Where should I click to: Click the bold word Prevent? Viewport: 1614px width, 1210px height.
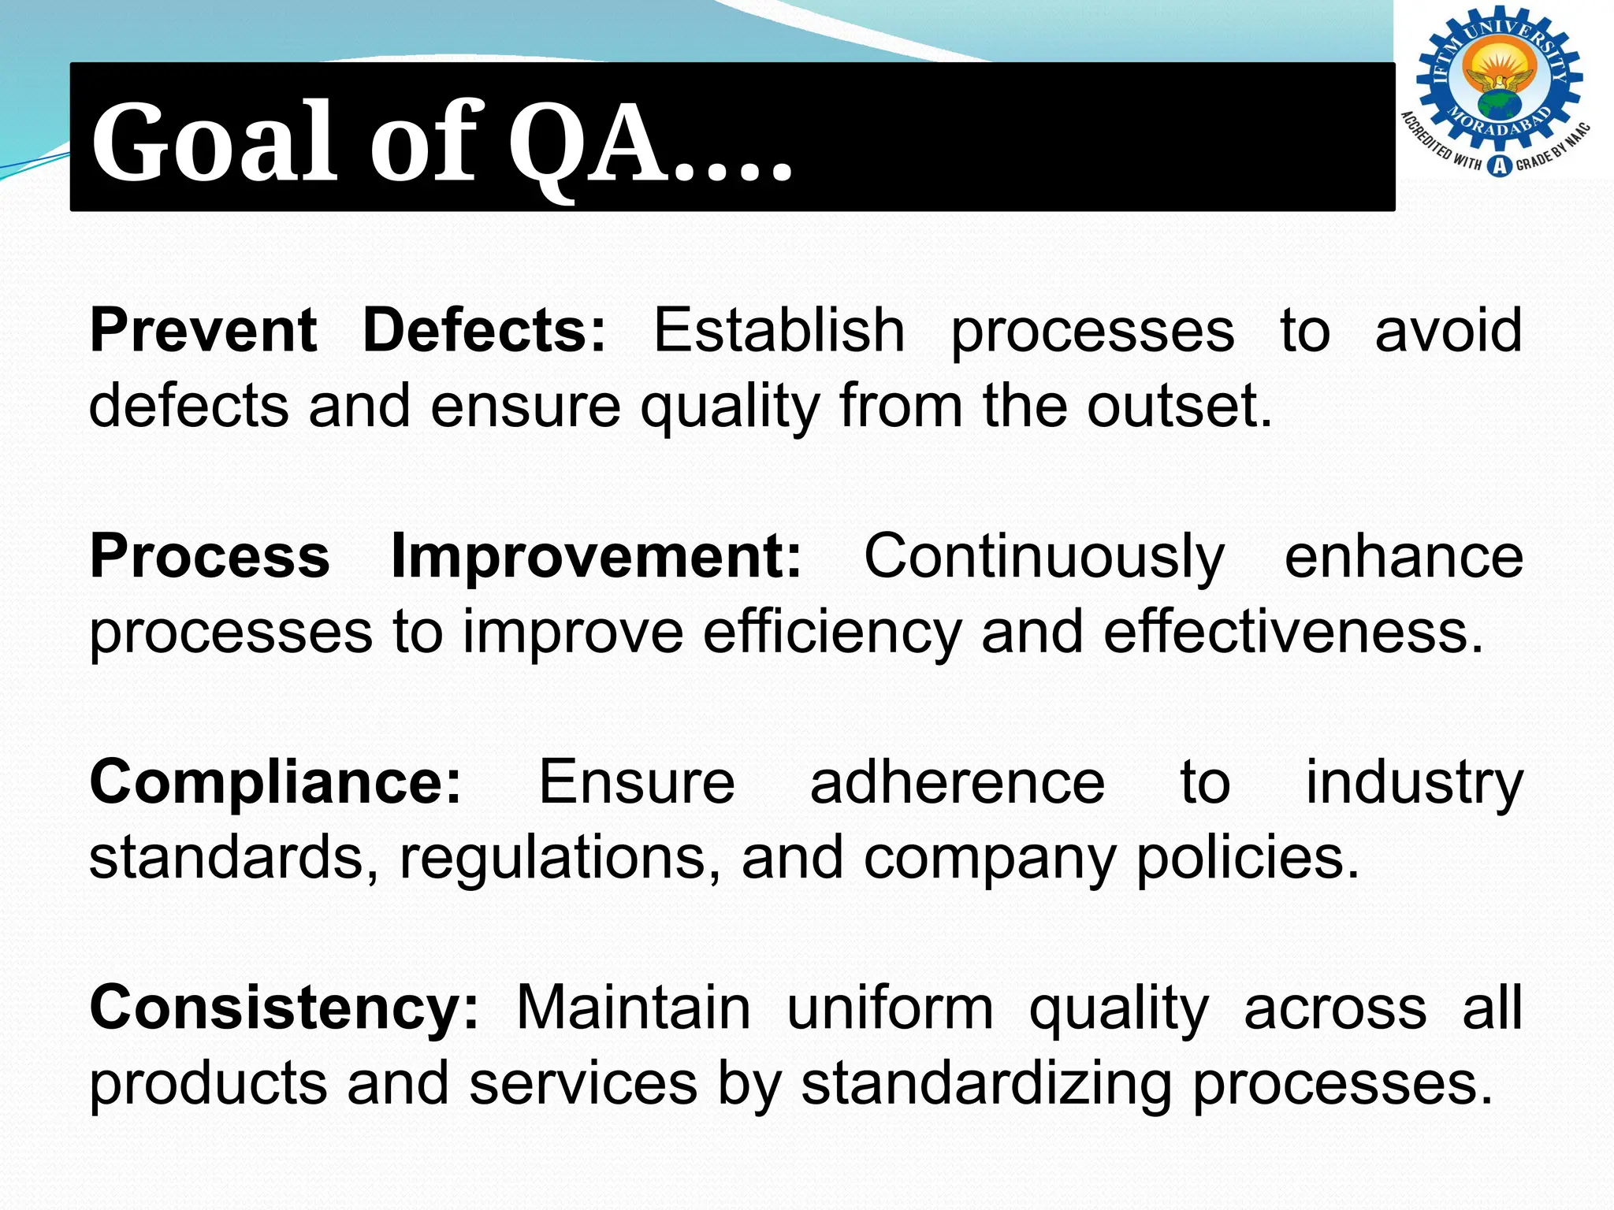(x=203, y=330)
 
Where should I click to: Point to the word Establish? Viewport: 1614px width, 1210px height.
(x=779, y=330)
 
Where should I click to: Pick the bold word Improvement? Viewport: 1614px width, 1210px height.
(x=597, y=556)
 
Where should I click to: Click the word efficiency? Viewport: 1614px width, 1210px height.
(x=832, y=633)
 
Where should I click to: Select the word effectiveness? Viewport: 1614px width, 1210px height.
(x=1293, y=633)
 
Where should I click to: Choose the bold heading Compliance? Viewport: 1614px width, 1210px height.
(x=276, y=782)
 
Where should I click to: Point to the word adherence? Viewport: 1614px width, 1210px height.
(x=958, y=782)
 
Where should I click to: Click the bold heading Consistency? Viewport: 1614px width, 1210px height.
(x=284, y=1008)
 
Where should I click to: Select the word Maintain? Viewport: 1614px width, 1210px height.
(x=634, y=1008)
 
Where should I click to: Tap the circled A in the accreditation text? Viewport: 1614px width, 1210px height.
(x=1499, y=165)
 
